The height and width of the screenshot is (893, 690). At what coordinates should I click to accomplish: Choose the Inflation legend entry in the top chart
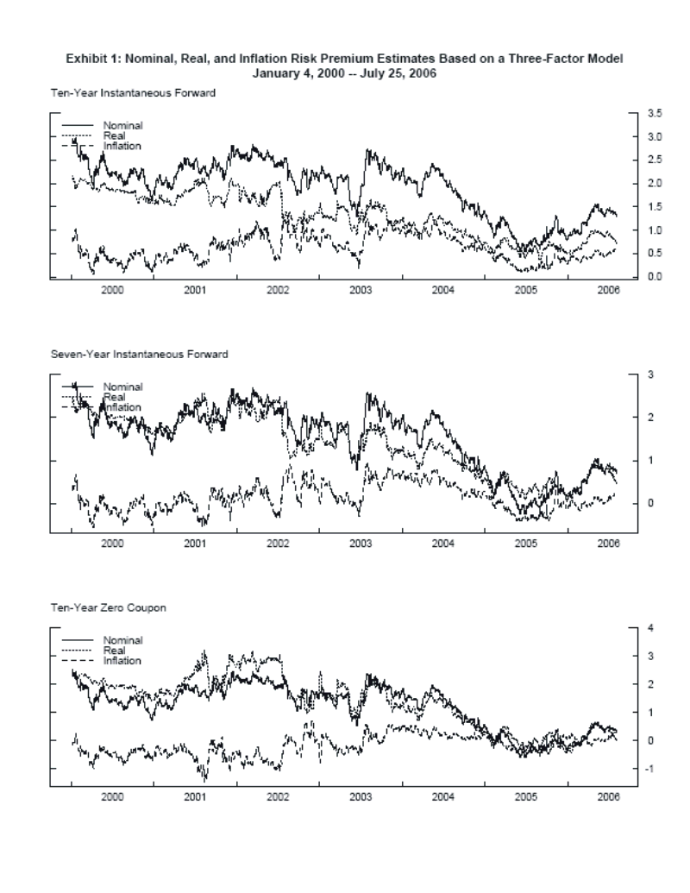point(122,145)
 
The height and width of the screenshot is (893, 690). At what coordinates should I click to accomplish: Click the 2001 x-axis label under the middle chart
point(195,544)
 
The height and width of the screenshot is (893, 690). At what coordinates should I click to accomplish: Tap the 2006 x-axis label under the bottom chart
point(609,796)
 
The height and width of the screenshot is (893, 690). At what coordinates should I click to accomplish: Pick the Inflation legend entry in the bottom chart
point(122,660)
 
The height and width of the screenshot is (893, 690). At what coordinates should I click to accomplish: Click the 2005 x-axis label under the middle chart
point(526,544)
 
